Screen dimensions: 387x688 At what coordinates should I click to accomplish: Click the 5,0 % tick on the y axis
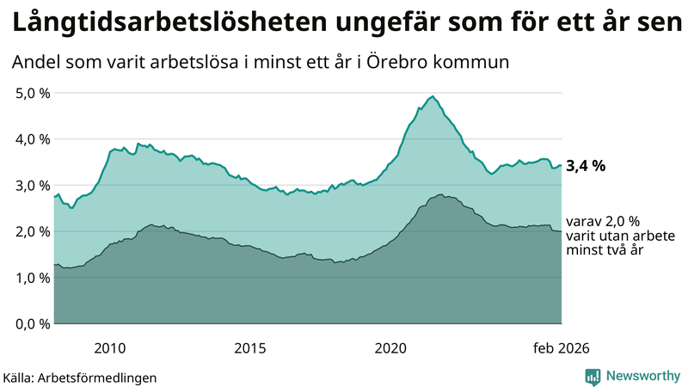[x=30, y=93]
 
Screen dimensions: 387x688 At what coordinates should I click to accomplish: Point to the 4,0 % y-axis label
[x=30, y=139]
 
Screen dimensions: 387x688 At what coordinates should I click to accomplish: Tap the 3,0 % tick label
[x=30, y=186]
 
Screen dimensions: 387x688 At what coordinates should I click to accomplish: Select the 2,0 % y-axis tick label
[x=30, y=231]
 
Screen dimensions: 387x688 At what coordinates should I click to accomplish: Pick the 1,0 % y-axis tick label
[x=30, y=278]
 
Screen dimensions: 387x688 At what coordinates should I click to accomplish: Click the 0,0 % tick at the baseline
[x=30, y=324]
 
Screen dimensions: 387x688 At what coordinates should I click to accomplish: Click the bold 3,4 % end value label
[x=586, y=167]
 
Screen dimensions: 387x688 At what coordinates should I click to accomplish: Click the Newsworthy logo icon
[x=593, y=376]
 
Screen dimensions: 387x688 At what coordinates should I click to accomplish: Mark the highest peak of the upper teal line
[x=433, y=96]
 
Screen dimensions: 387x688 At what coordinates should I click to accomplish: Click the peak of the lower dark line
[x=440, y=195]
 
